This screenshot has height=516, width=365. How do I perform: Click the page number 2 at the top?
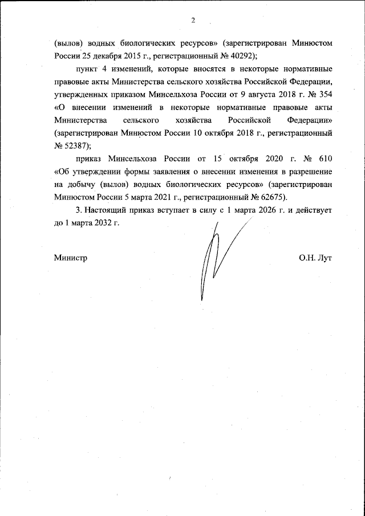tap(193, 21)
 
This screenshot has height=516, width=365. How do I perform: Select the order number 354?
tap(325, 95)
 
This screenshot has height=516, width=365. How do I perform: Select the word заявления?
tap(172, 171)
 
